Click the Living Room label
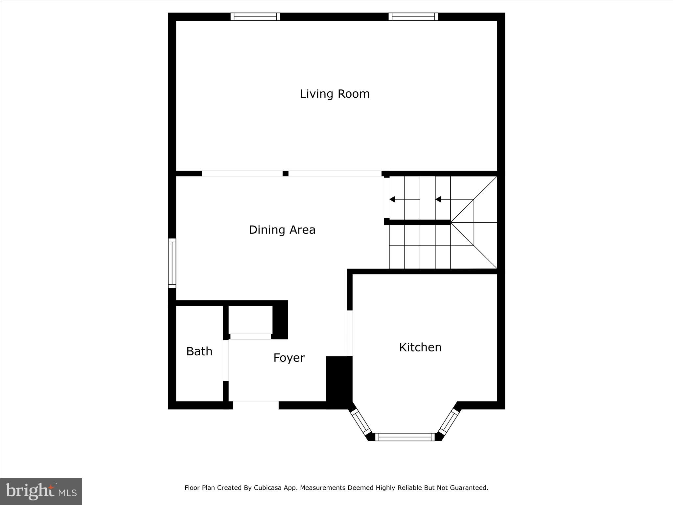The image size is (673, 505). point(335,94)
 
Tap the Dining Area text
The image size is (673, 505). point(282,230)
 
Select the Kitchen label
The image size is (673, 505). point(420,347)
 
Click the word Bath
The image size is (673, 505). point(199,351)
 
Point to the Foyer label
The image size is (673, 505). point(289,358)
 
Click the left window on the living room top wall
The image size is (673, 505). point(255,17)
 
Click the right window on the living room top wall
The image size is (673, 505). point(413,17)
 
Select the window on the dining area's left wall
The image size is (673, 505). point(172,263)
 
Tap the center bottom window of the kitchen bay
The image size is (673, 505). point(405,437)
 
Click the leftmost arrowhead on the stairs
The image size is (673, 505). point(392,199)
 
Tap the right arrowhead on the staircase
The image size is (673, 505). point(438,199)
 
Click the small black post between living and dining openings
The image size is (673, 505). point(286,174)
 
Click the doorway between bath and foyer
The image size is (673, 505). point(226,360)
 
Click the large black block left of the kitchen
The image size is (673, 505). point(338,381)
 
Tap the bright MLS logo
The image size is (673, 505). point(41,491)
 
